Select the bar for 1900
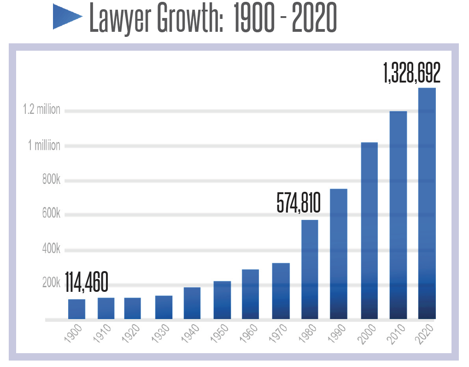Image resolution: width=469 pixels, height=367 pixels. (x=76, y=309)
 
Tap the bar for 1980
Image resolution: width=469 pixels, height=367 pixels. (x=310, y=269)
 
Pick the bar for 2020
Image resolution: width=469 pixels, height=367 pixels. (x=427, y=203)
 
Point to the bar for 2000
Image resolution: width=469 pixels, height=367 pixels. (x=369, y=231)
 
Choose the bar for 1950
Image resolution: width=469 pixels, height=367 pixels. (x=222, y=300)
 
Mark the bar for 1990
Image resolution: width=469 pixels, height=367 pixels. (x=339, y=254)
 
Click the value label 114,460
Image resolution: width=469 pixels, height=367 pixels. (x=86, y=282)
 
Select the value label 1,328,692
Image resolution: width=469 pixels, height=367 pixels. (x=411, y=73)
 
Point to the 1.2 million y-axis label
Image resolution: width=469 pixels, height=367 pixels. (x=42, y=110)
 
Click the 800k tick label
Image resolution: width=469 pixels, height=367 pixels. (x=51, y=180)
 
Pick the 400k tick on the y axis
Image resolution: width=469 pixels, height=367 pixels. (x=51, y=249)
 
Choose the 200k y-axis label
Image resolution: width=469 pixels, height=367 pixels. (x=51, y=283)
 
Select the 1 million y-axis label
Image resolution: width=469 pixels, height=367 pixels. (x=44, y=146)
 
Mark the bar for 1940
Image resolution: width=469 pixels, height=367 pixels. (x=192, y=303)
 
